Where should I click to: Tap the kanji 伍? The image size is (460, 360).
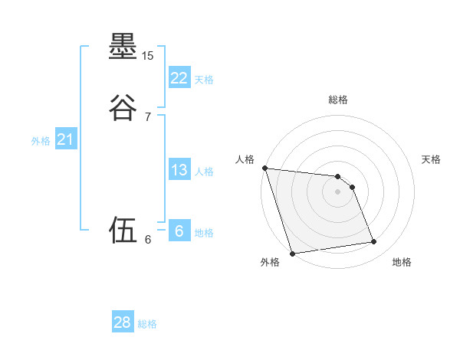click(123, 228)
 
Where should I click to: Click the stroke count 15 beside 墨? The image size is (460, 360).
click(148, 56)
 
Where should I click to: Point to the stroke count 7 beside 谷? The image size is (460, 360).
click(148, 116)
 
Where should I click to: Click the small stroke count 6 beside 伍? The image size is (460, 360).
click(148, 240)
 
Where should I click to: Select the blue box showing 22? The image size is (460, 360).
click(179, 77)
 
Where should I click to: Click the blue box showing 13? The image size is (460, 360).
click(179, 170)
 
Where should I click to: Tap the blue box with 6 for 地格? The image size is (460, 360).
click(179, 231)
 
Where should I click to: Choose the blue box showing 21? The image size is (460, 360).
click(65, 139)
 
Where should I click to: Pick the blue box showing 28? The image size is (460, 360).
click(123, 322)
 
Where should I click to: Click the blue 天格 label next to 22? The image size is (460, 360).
click(204, 79)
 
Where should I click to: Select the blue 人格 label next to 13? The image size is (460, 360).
click(204, 172)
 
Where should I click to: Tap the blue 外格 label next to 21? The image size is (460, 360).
click(41, 141)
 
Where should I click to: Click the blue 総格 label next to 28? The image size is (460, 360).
click(147, 324)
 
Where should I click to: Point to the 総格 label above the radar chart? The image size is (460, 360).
click(338, 100)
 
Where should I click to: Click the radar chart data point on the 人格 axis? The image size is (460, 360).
click(264, 168)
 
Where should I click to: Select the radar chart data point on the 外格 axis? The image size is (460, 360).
click(292, 253)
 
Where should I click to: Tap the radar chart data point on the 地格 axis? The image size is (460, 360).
click(374, 242)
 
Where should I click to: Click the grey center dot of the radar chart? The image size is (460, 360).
click(338, 191)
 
